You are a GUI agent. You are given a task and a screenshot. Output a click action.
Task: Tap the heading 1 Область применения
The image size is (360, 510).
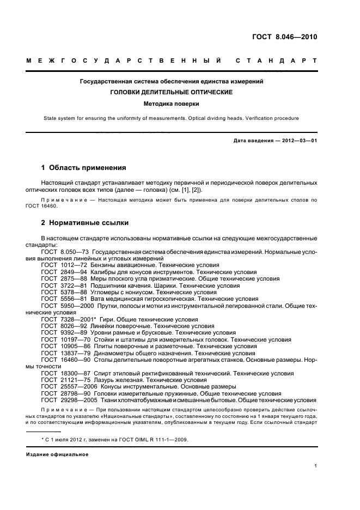84,167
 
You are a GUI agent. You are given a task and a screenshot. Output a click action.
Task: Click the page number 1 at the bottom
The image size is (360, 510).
315,465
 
